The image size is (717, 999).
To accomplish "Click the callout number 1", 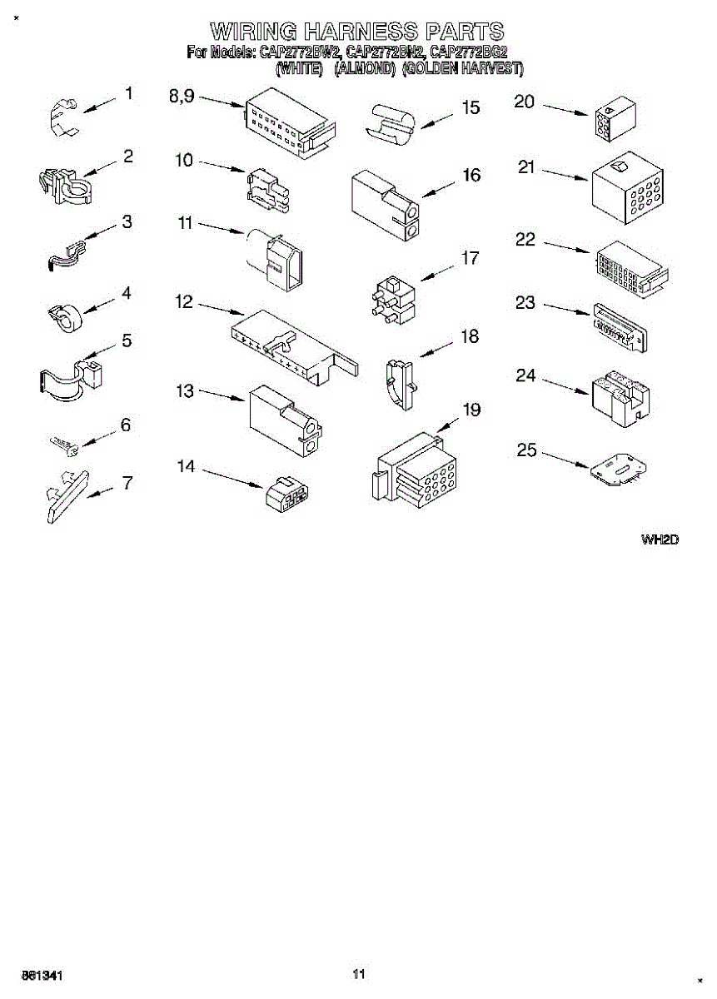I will click(x=128, y=93).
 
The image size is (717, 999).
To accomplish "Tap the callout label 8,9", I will click(x=182, y=97).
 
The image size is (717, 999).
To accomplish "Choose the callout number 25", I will click(x=526, y=451).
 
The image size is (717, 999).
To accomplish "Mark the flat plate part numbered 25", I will click(x=620, y=471).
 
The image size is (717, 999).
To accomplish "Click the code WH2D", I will click(x=660, y=539).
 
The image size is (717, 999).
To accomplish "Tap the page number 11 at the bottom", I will click(x=359, y=973).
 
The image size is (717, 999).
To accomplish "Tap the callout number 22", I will click(x=525, y=239).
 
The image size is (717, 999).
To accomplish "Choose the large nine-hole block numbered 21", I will click(x=626, y=189).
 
